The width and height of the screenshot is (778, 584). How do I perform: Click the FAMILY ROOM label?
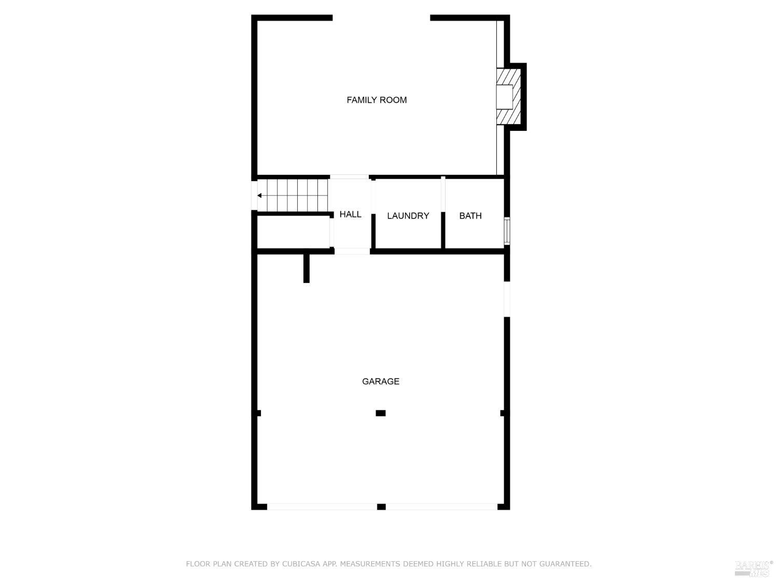point(377,100)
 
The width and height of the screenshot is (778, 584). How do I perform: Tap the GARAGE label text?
point(381,381)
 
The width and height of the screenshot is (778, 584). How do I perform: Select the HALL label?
point(350,214)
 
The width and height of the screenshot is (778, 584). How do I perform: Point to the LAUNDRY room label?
point(408,215)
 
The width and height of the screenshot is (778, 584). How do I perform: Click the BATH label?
point(470,215)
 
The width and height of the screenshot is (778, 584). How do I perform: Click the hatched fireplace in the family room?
point(508,97)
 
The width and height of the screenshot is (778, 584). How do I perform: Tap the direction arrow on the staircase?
point(259,196)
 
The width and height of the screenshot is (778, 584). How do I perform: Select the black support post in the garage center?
point(381,413)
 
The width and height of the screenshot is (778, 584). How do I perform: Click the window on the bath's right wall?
point(507,231)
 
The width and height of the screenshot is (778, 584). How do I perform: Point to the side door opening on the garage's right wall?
point(507,299)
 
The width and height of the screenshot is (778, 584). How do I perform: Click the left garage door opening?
point(322,507)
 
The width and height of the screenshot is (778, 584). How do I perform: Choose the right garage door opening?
point(441,507)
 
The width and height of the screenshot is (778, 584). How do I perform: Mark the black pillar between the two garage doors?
point(381,507)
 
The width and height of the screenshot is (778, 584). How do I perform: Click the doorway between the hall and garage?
point(352,251)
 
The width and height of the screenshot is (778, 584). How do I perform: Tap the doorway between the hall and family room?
point(349,177)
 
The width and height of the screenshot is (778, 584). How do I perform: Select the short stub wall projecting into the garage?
point(307,268)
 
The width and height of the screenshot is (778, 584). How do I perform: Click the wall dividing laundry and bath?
point(443,214)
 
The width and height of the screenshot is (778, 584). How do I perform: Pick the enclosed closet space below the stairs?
point(293,233)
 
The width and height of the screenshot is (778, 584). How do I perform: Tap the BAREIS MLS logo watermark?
point(753,568)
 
